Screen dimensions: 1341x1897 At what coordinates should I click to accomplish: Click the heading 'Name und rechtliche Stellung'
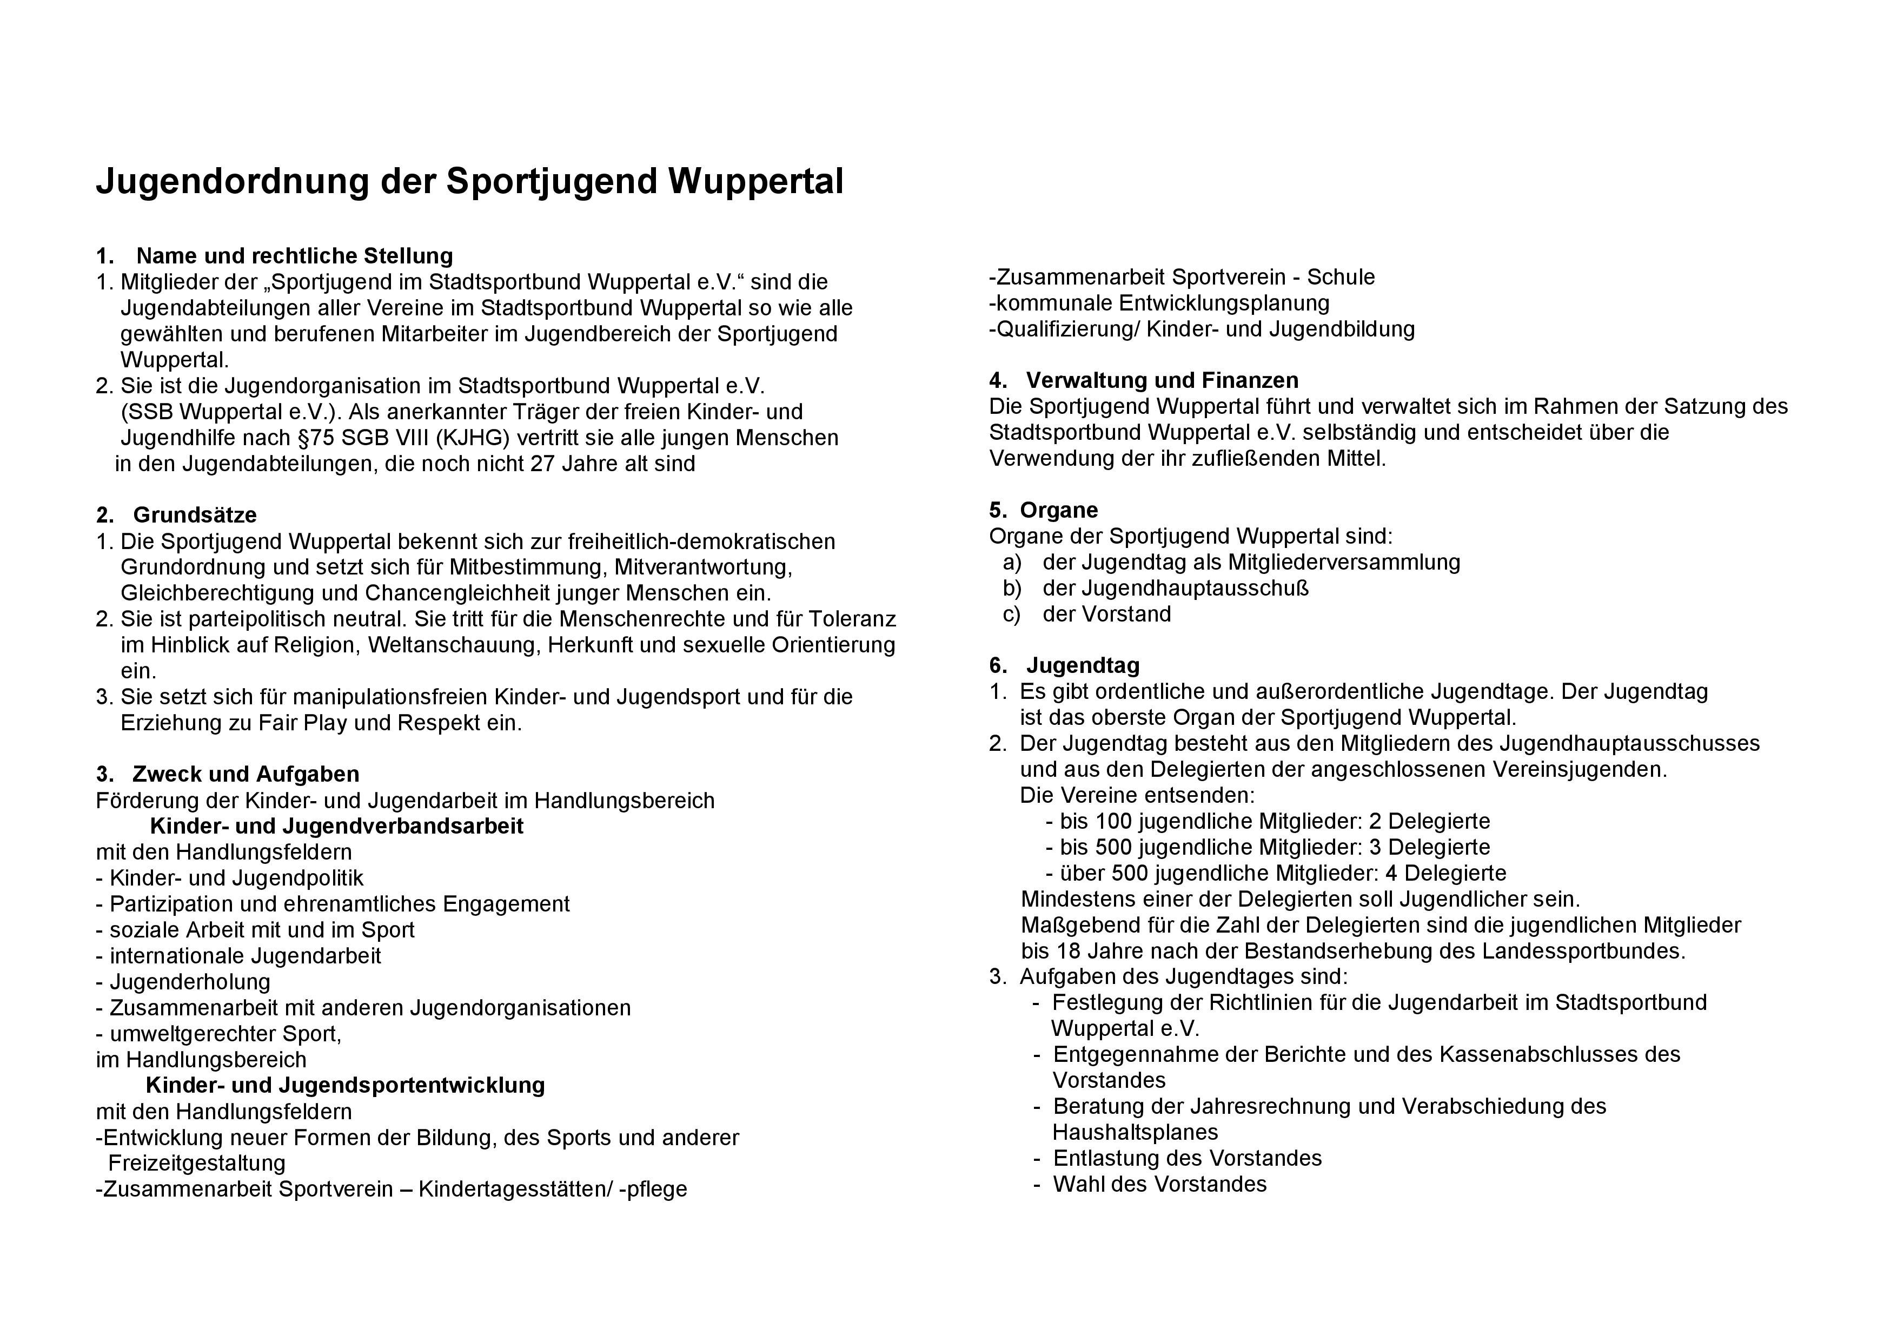[x=294, y=256]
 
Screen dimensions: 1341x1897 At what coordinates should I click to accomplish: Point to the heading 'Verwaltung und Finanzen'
[x=1162, y=381]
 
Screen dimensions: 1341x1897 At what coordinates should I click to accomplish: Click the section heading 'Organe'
[x=1058, y=511]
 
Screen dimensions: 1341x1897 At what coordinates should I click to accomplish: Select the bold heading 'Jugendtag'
[x=1083, y=666]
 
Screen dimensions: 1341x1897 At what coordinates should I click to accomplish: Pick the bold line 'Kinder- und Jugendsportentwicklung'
[x=346, y=1085]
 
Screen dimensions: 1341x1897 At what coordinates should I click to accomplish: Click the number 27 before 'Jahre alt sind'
[x=542, y=464]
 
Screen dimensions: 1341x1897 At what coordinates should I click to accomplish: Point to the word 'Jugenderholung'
[x=190, y=982]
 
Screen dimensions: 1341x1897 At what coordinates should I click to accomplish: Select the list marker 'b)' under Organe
[x=1012, y=589]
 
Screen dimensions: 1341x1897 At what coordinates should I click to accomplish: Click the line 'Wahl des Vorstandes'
[x=1159, y=1185]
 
